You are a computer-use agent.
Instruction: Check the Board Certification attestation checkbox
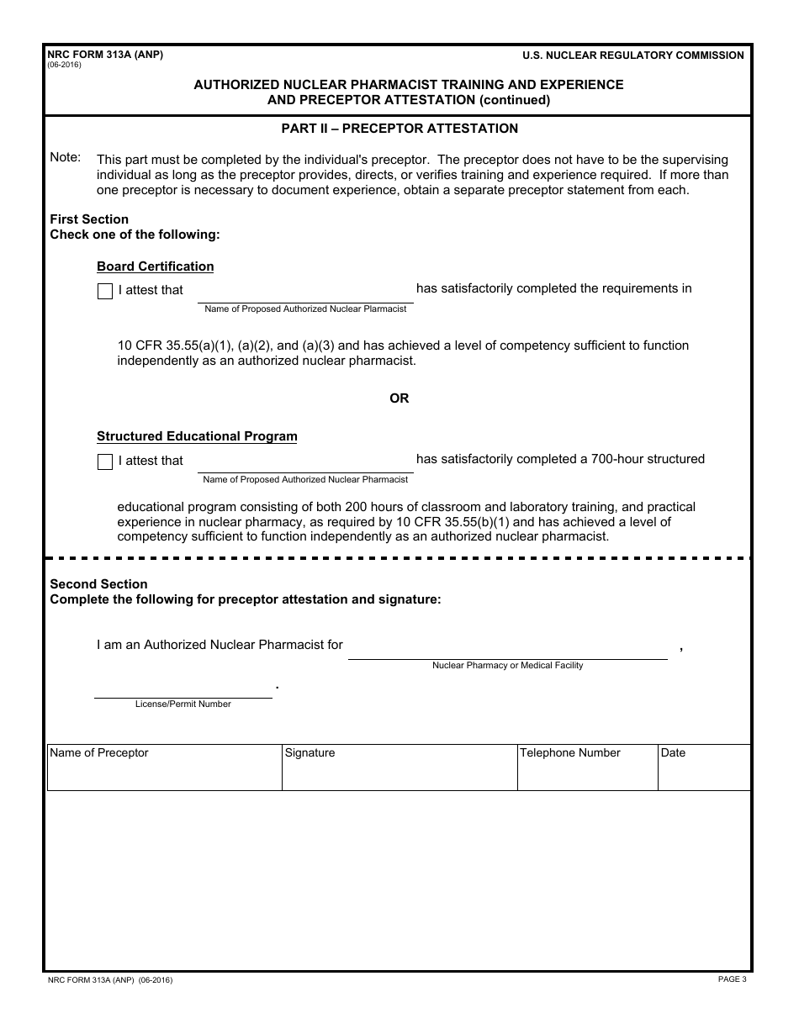tap(105, 292)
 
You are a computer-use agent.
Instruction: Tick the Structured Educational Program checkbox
tap(105, 462)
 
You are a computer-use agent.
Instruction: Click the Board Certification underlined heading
tap(156, 266)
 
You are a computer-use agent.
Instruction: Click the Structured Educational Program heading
tap(197, 436)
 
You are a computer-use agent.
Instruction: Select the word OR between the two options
tap(399, 398)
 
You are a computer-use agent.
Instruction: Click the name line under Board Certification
tap(305, 294)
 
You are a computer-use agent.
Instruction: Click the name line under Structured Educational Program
tap(305, 464)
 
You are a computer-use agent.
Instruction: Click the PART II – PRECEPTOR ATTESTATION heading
tap(399, 129)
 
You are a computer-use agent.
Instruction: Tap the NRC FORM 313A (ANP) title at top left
tap(105, 55)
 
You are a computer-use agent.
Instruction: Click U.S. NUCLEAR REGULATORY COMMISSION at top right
tap(632, 55)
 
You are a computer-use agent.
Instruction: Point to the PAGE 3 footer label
tap(732, 979)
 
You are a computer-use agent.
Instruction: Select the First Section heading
tap(89, 219)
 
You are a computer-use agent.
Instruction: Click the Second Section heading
tap(98, 584)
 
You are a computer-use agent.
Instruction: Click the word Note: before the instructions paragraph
tap(66, 157)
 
